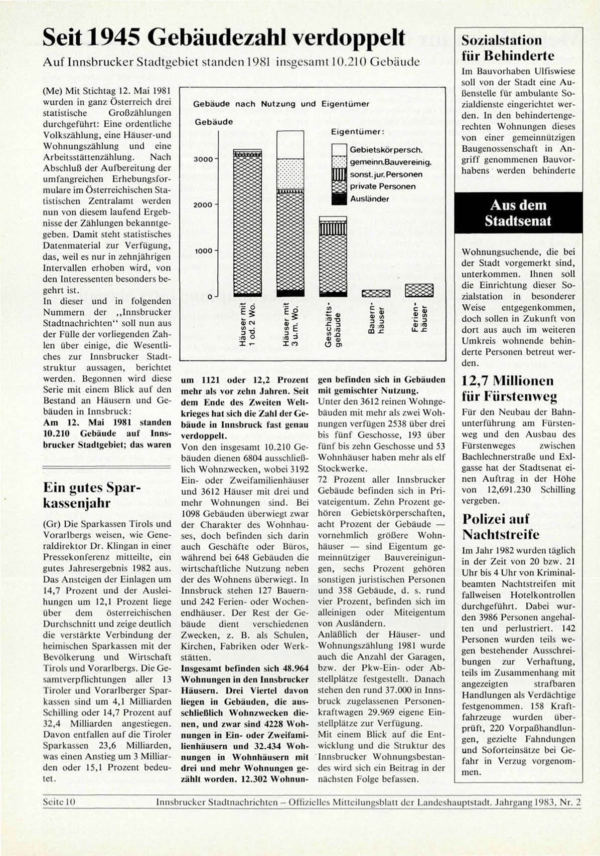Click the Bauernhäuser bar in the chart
[376, 293]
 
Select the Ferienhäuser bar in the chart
[419, 290]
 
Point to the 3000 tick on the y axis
[204, 159]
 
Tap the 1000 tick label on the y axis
[204, 251]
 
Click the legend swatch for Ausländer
[340, 198]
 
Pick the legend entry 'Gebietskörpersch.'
[385, 150]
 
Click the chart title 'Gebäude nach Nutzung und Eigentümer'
[281, 104]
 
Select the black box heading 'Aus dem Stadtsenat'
[518, 213]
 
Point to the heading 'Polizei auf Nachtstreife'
[501, 526]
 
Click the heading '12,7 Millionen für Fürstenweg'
[509, 388]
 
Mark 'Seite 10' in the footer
[59, 802]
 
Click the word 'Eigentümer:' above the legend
[357, 132]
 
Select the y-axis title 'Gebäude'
[214, 122]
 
